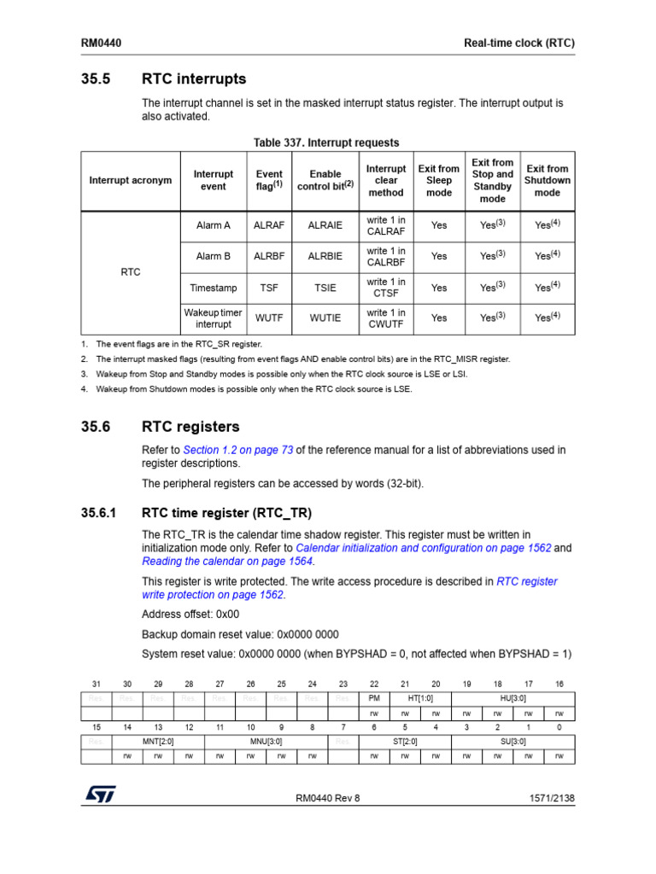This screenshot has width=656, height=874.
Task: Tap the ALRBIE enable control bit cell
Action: pyautogui.click(x=325, y=256)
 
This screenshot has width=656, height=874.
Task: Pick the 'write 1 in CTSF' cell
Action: pyautogui.click(x=386, y=288)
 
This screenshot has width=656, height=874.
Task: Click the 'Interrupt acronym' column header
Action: pyautogui.click(x=131, y=180)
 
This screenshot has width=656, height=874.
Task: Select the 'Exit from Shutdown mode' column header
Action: pyautogui.click(x=547, y=180)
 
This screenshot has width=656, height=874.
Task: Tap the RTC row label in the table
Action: pyautogui.click(x=131, y=272)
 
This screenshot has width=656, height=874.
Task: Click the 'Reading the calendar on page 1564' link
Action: pyautogui.click(x=227, y=561)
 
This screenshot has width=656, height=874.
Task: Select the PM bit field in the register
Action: pyautogui.click(x=374, y=697)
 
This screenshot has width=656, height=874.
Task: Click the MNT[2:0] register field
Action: pyautogui.click(x=158, y=742)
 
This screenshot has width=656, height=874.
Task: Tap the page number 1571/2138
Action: pyautogui.click(x=547, y=798)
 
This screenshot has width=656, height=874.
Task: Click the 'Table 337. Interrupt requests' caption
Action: pyautogui.click(x=325, y=143)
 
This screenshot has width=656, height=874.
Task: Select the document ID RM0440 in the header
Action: pyautogui.click(x=100, y=43)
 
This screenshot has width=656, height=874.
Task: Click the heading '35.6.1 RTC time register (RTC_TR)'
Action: pyautogui.click(x=226, y=513)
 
